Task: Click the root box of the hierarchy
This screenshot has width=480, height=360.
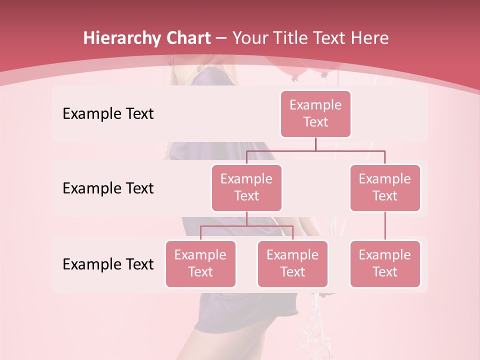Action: tap(315, 113)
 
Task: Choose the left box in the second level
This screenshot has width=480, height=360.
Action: tap(246, 187)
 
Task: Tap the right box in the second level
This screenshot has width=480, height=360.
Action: tap(385, 187)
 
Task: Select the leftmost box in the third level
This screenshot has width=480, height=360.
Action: tap(200, 263)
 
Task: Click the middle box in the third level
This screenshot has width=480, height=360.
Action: tap(292, 263)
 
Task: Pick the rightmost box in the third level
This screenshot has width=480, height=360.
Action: tap(385, 263)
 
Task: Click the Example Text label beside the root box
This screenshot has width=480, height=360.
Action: tap(108, 113)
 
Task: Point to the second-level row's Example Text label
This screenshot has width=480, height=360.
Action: tap(108, 188)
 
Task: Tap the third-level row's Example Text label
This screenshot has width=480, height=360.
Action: tap(108, 264)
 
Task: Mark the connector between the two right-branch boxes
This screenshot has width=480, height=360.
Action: tap(385, 226)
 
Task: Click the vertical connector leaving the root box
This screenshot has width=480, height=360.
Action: tap(315, 144)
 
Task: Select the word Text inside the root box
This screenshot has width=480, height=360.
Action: tap(315, 122)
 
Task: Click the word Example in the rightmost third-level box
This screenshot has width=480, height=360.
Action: tap(385, 255)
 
